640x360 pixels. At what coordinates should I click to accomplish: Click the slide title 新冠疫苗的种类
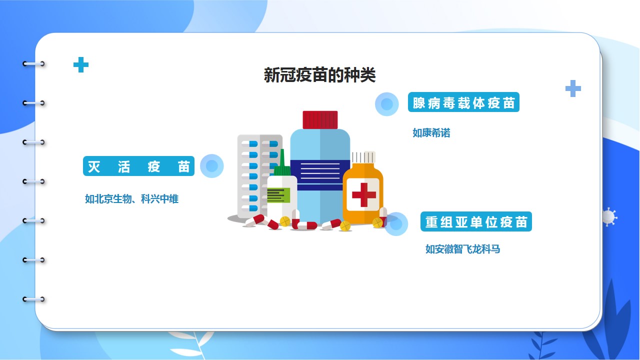coord(319,75)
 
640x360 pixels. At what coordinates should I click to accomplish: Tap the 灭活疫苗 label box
coord(138,166)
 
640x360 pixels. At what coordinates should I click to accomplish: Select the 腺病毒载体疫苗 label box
coord(463,102)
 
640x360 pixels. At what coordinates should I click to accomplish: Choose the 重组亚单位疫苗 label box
coord(476,221)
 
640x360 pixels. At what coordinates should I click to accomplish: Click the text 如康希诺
coord(431,133)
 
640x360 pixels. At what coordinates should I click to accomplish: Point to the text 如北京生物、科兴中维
coord(131,199)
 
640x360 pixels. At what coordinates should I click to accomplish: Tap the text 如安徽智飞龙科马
coord(462,249)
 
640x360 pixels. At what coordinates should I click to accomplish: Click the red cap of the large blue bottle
coord(320,119)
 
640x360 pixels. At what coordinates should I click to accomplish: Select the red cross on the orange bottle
coord(363,195)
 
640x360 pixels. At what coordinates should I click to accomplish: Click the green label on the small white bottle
coord(278,195)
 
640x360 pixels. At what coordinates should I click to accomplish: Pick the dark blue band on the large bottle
coord(320,175)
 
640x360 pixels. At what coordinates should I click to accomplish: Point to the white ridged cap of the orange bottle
coord(363,157)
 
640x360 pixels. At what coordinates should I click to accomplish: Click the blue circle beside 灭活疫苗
coord(211,166)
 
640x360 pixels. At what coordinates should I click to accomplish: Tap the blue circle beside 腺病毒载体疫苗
coord(387,104)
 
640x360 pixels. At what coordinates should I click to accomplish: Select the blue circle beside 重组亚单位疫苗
coord(396,224)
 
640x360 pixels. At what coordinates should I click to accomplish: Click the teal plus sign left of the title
coord(81,65)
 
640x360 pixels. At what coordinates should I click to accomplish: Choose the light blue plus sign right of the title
coord(573,88)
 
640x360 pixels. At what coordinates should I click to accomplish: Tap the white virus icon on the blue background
coord(609,217)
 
